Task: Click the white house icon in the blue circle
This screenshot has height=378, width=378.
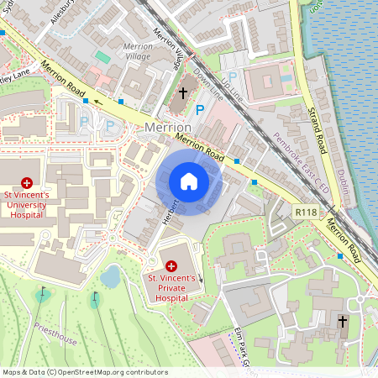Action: (188, 181)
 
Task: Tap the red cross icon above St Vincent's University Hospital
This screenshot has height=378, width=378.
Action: (27, 181)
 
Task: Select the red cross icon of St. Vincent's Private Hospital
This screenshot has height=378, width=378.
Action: (171, 265)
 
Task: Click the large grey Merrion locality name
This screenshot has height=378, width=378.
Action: (169, 126)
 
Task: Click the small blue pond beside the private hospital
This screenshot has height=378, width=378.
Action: (110, 275)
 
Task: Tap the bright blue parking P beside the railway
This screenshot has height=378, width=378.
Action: (199, 110)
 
